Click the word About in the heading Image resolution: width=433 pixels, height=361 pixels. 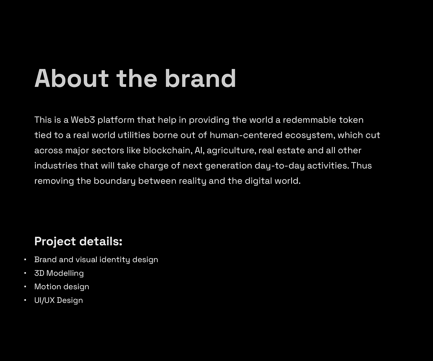pos(71,78)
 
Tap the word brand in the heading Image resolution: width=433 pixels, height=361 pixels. pos(201,78)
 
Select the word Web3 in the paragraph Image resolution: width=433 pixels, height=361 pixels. pos(83,120)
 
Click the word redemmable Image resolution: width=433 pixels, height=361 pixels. pos(309,120)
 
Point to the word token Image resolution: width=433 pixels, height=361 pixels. pos(351,120)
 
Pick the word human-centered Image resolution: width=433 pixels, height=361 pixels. pos(246,135)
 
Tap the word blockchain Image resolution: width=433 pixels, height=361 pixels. pos(168,151)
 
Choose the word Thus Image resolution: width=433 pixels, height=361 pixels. pos(362,166)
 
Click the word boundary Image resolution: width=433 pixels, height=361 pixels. pos(114,181)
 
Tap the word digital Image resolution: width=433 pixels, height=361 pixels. pos(258,181)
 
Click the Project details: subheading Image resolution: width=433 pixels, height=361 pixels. pos(78,241)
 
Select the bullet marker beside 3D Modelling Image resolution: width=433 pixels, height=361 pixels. pos(25,273)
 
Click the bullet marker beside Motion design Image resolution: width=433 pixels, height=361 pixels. pos(25,287)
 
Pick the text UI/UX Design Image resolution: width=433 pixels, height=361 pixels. pos(59,300)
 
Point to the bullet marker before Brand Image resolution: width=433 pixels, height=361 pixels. pos(25,260)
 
